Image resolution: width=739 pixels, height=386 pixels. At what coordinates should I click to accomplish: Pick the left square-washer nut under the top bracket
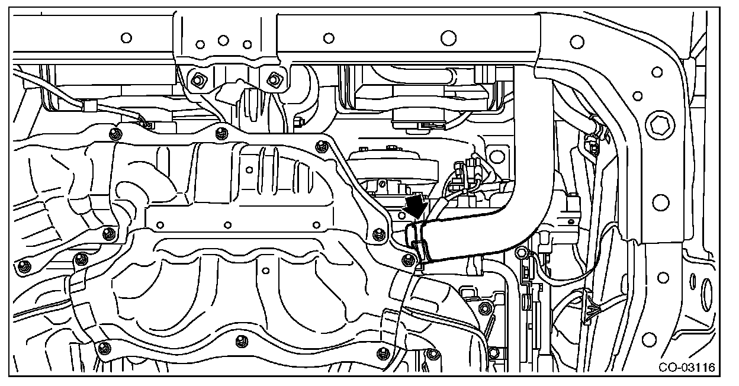click(195, 79)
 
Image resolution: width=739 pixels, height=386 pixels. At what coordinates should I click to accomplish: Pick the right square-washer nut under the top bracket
click(274, 78)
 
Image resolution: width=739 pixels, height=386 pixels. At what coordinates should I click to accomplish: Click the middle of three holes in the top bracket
click(223, 40)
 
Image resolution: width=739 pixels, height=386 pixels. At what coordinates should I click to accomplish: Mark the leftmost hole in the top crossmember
click(126, 38)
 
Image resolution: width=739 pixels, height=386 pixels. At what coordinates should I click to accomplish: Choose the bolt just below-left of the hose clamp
click(406, 259)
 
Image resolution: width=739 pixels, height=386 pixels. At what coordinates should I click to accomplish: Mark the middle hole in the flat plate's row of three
click(227, 226)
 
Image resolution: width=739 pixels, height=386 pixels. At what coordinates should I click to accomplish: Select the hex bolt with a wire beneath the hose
click(521, 253)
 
